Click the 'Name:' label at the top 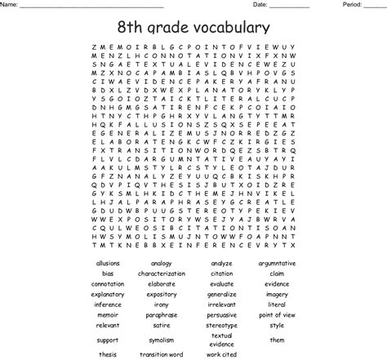tap(10, 5)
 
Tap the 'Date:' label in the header tap(260, 5)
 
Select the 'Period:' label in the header tap(352, 5)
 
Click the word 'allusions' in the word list tap(108, 264)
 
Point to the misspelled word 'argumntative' tap(277, 264)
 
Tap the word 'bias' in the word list tap(108, 273)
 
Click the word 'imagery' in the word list tap(277, 294)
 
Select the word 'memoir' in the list tap(108, 314)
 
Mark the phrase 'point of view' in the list tap(277, 314)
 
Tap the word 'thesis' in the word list tap(108, 354)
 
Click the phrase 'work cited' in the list tap(221, 354)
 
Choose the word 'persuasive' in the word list tap(221, 314)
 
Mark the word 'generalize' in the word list tap(221, 294)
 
